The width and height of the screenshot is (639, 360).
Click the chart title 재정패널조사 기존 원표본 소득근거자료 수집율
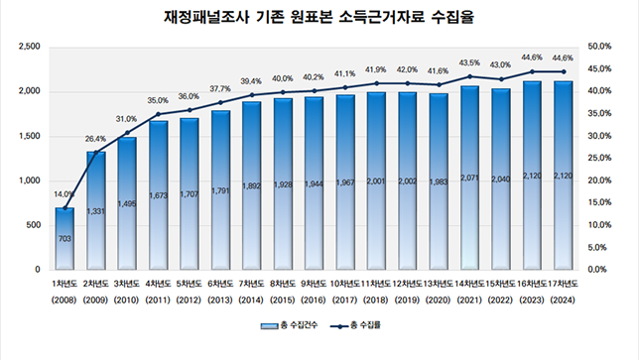[x=319, y=18]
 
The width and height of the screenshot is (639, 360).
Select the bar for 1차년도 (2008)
[x=64, y=238]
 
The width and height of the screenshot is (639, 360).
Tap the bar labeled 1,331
[x=96, y=210]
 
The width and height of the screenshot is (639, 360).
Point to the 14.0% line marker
[x=64, y=207]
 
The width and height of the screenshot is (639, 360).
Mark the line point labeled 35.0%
[x=158, y=114]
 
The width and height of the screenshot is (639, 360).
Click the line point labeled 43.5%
[x=469, y=76]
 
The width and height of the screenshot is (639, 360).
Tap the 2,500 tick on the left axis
[x=30, y=47]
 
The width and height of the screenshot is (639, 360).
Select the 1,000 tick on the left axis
[x=30, y=180]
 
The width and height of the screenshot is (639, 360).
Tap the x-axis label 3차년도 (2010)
[x=127, y=291]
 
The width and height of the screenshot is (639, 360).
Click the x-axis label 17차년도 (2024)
[x=563, y=291]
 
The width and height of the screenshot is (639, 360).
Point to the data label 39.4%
[x=251, y=81]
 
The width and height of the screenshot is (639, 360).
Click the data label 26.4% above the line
[x=96, y=139]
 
